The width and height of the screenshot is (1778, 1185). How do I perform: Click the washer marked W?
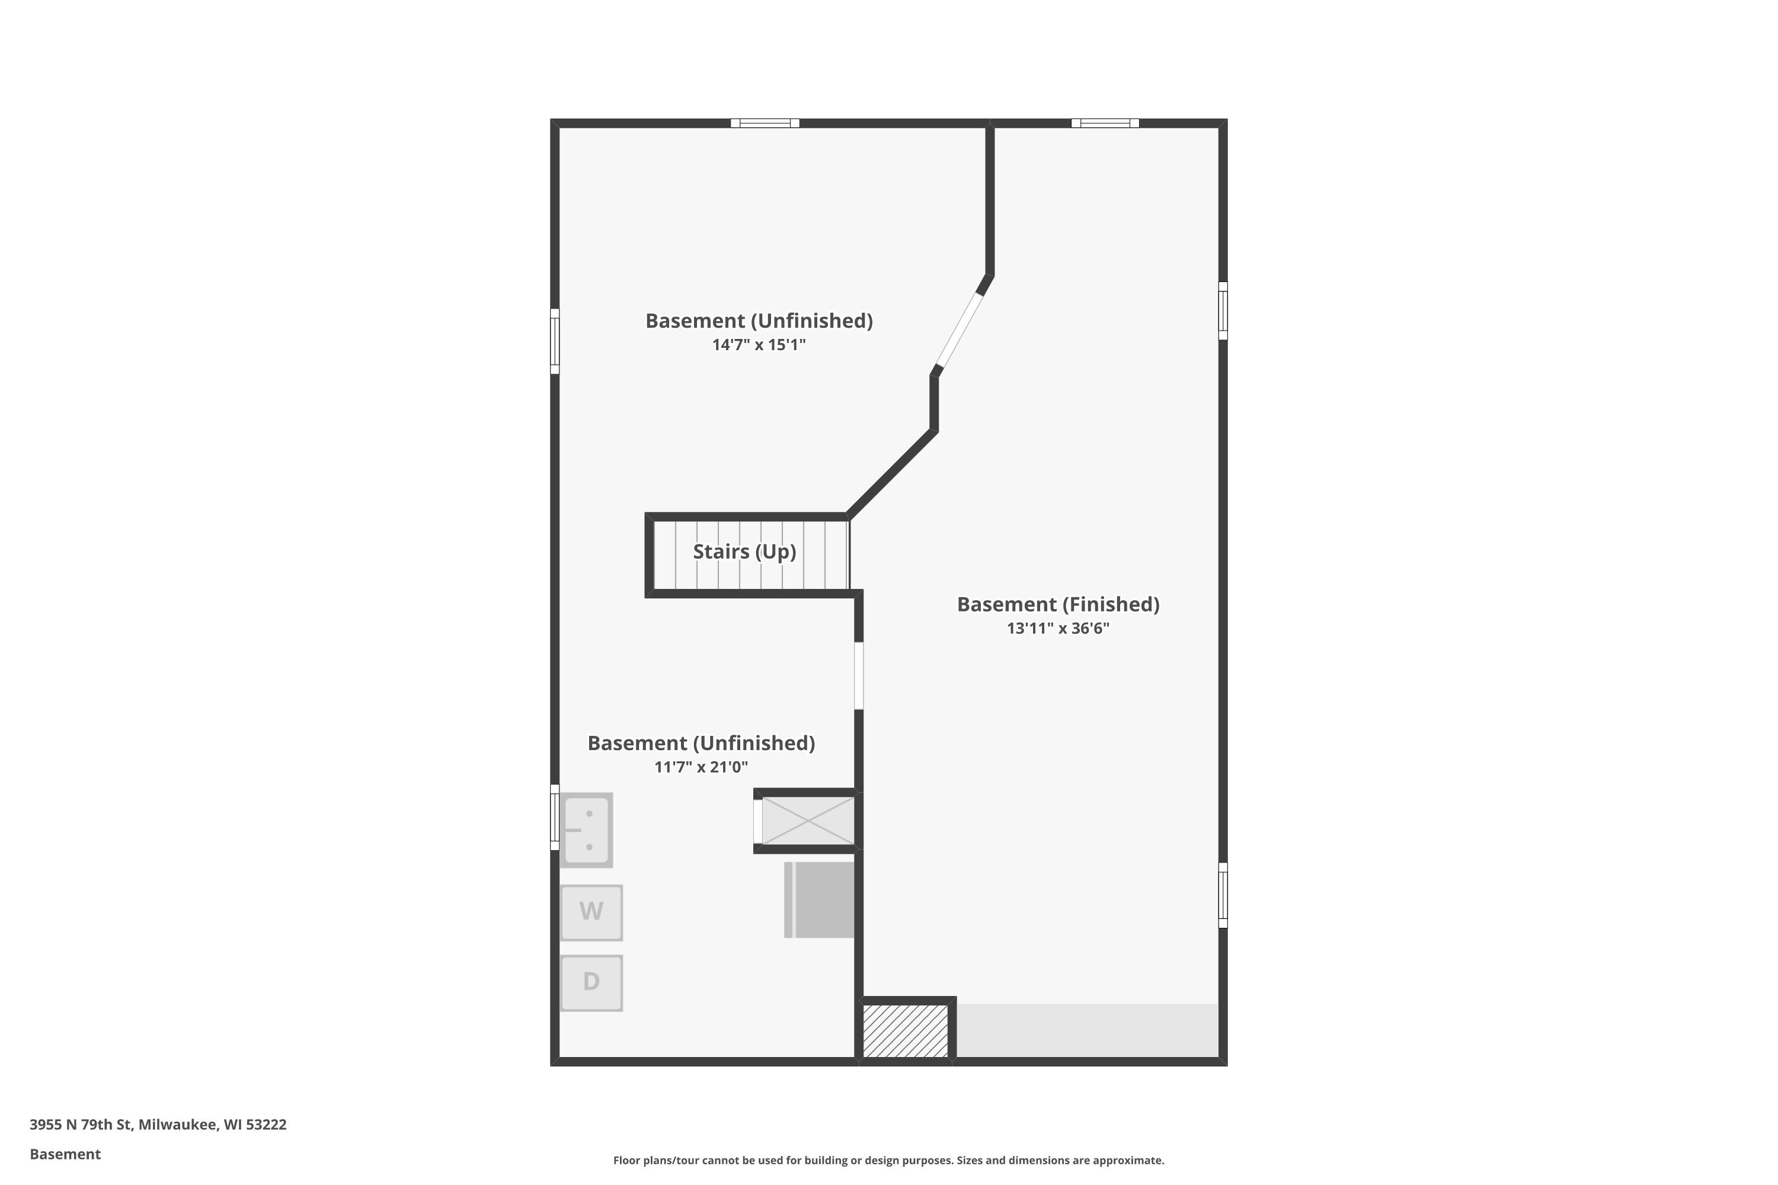[591, 912]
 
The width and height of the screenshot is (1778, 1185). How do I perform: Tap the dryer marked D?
[591, 982]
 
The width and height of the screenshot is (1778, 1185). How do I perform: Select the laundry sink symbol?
[587, 830]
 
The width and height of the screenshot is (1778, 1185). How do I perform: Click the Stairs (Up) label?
[744, 552]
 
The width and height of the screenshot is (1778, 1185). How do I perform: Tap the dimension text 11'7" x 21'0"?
[701, 767]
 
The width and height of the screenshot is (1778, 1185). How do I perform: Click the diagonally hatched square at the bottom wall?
[906, 1031]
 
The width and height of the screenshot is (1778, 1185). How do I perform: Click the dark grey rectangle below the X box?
[820, 900]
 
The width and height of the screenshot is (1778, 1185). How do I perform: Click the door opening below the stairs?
[859, 675]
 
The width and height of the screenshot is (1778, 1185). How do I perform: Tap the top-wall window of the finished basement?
[1105, 123]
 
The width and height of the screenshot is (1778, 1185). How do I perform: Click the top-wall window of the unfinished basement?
[765, 123]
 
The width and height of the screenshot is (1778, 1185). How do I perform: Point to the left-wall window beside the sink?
[555, 818]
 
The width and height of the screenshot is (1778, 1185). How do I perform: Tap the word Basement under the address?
[65, 1154]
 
